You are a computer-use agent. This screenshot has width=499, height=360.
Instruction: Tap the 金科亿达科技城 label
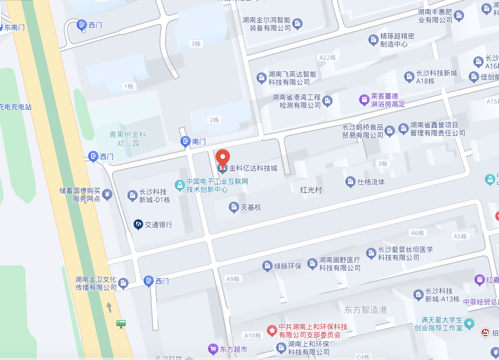(253, 168)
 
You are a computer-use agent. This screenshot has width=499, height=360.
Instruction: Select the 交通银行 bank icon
(138, 224)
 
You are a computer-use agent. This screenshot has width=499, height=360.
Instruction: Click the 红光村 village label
(311, 190)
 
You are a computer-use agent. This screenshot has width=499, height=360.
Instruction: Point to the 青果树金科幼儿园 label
(128, 139)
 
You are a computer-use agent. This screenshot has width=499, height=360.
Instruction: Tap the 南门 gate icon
(185, 141)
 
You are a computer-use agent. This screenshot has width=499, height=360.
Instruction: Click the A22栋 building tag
(327, 58)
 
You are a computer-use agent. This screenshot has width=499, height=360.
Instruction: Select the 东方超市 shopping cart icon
(213, 349)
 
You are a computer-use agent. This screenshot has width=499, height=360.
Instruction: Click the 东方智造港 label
(365, 310)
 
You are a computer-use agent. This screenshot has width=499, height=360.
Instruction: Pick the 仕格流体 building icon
(350, 182)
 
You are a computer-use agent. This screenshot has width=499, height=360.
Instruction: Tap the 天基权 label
(251, 207)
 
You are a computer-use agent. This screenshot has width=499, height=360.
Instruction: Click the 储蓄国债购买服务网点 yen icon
(107, 194)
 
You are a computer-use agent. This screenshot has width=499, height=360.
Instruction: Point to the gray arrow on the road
(109, 307)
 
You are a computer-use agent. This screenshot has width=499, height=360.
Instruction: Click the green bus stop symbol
(121, 323)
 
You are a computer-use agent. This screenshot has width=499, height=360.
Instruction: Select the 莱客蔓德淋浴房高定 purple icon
(364, 100)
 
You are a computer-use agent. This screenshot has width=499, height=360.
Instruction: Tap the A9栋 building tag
(233, 279)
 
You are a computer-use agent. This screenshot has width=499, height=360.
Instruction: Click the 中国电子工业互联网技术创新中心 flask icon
(179, 185)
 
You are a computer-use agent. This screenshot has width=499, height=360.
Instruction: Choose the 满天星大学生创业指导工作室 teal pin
(469, 323)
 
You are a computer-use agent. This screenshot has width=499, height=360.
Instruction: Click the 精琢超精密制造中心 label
(397, 40)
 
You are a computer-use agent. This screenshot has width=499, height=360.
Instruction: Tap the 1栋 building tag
(129, 86)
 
